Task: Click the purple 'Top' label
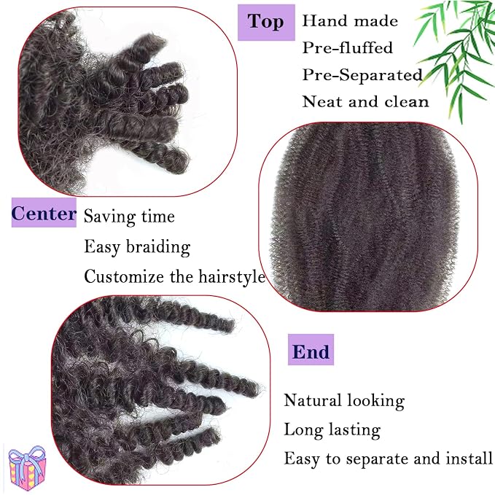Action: tap(266, 23)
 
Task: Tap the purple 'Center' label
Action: tap(44, 213)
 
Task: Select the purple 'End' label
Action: tap(311, 349)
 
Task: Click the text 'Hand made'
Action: tap(350, 21)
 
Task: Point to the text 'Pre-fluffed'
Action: tap(348, 47)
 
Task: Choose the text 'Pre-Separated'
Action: tap(362, 75)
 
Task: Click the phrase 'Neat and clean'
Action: tap(365, 101)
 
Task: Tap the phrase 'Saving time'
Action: tap(129, 217)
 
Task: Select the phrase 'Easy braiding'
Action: tap(137, 247)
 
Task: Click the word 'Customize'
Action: tap(124, 276)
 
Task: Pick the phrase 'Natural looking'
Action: tap(344, 401)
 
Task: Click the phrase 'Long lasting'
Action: tap(332, 430)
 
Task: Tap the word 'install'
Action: tap(469, 458)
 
